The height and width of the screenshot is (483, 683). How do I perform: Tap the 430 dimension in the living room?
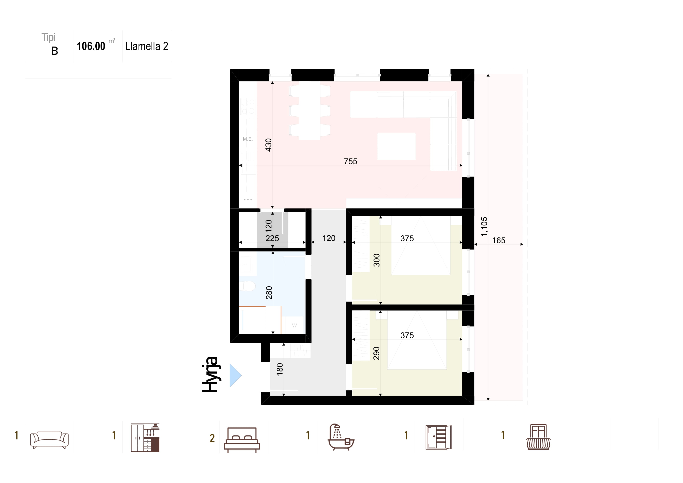[x=268, y=145]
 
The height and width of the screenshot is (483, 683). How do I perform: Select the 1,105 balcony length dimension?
[x=484, y=227]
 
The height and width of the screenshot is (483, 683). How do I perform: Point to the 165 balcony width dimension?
[x=499, y=240]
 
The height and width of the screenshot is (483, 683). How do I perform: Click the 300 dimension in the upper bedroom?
[x=377, y=260]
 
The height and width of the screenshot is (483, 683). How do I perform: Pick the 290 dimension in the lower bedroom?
[x=377, y=353]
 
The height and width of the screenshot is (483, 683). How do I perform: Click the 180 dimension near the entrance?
[x=280, y=369]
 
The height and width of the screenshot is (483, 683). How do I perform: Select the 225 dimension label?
[x=272, y=238]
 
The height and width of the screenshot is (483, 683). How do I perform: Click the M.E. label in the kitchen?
[x=248, y=139]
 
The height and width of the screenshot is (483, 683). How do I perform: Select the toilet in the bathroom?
[x=248, y=286]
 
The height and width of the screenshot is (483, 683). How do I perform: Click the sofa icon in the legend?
[x=49, y=440]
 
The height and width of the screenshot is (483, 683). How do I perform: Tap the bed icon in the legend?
[x=242, y=440]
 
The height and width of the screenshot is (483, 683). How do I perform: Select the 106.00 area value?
[x=91, y=46]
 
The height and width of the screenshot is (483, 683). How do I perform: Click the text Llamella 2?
[x=147, y=46]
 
